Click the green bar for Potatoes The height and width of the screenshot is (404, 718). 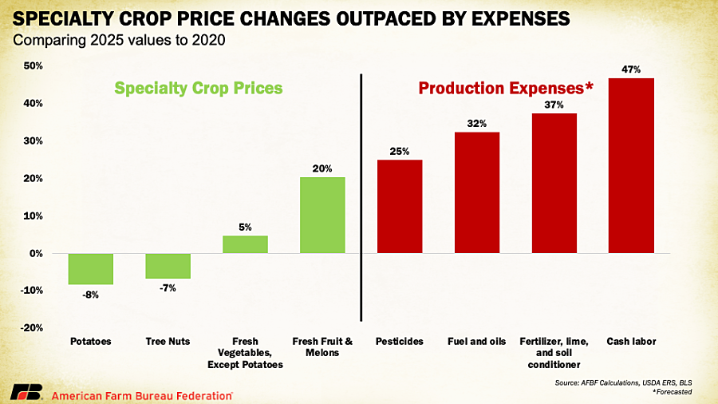[x=90, y=269]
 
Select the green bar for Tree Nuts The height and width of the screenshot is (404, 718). [x=168, y=266]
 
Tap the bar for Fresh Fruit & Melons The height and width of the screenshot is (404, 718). [x=322, y=215]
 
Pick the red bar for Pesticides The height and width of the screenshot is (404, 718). [x=400, y=206]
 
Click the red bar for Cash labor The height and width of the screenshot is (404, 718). [x=631, y=165]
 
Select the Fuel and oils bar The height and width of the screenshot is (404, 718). [x=476, y=192]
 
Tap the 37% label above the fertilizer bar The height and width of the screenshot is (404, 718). [x=554, y=105]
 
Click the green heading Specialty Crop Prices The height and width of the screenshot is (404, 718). [x=198, y=88]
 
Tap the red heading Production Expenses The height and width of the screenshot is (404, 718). [x=506, y=88]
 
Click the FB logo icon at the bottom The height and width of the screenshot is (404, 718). [x=25, y=392]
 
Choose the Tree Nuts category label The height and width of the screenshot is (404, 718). [x=168, y=342]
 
